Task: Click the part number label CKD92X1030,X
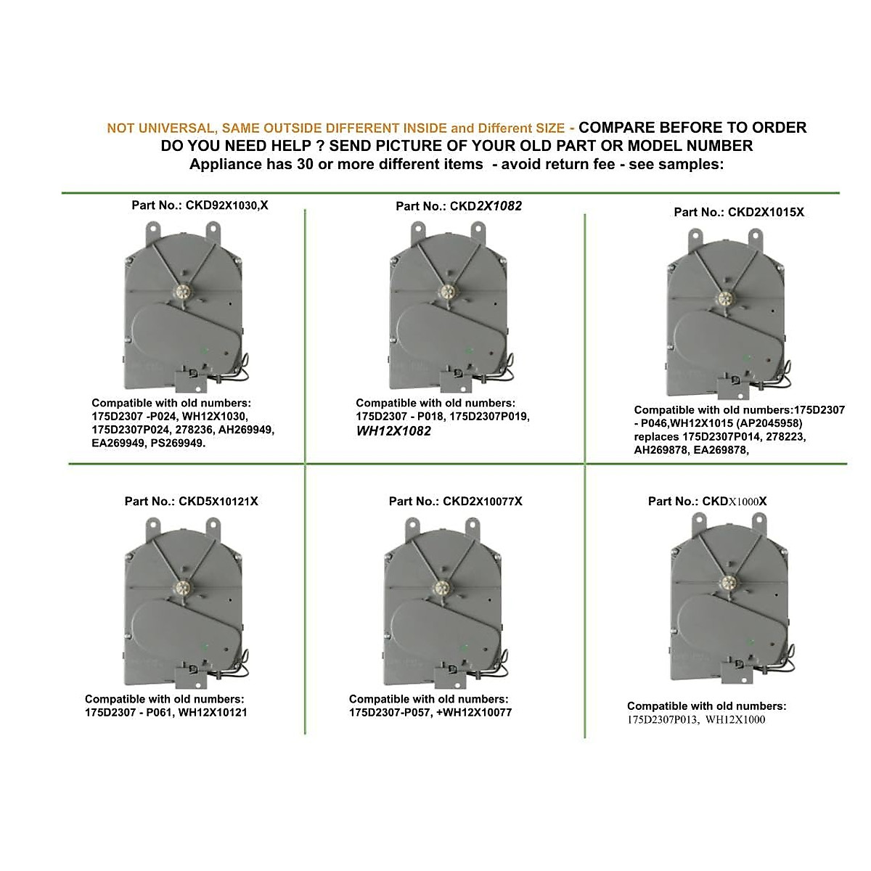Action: tap(200, 205)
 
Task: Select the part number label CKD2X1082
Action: tap(459, 206)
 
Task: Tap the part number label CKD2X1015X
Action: tap(739, 212)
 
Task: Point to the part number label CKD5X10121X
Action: tap(192, 502)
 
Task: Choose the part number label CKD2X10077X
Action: tap(455, 502)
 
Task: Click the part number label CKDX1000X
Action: tap(707, 502)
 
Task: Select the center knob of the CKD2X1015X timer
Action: tap(725, 298)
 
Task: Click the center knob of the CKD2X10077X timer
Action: tap(441, 587)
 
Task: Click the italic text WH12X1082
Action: tap(393, 431)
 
